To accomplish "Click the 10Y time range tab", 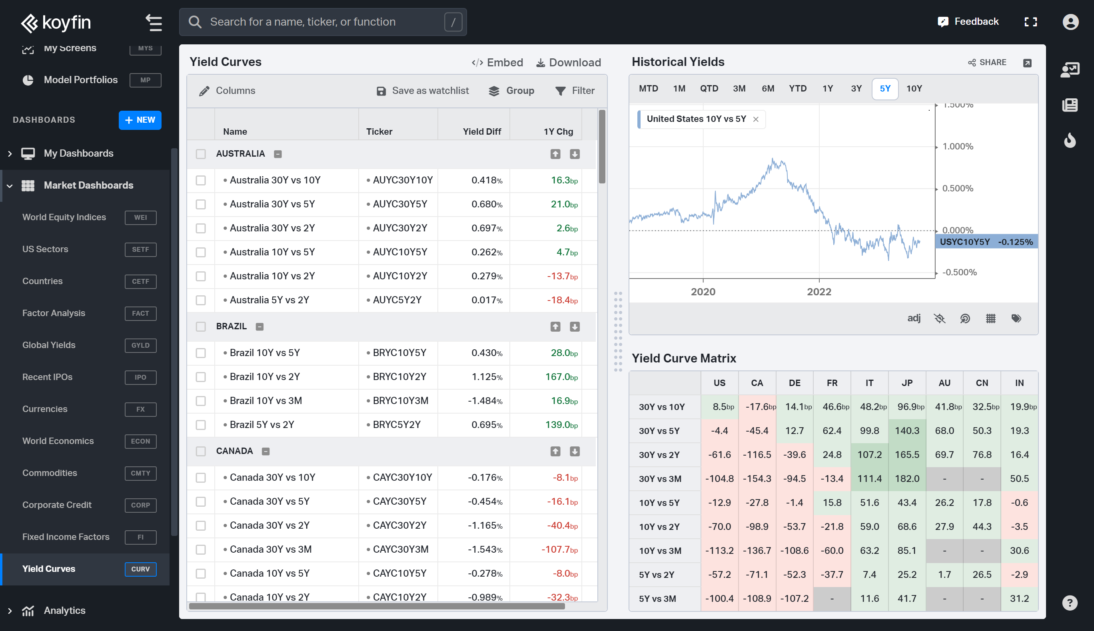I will click(914, 88).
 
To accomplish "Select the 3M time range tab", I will click(739, 88).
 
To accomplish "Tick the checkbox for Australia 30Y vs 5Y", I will click(200, 204).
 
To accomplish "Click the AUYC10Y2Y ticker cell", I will click(400, 276).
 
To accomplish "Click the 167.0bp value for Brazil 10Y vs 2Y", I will click(561, 376).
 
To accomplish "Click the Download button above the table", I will click(569, 62).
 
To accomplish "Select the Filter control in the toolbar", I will click(575, 91).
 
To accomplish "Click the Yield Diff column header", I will click(481, 131).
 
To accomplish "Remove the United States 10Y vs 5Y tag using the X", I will click(756, 119).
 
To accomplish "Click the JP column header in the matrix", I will click(907, 383).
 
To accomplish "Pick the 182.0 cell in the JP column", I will click(907, 478).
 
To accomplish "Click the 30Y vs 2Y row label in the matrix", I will click(659, 455).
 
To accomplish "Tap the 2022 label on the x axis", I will click(819, 292).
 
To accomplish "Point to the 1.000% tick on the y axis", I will click(957, 147).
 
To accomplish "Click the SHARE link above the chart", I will click(987, 62).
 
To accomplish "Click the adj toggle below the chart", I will click(914, 318).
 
